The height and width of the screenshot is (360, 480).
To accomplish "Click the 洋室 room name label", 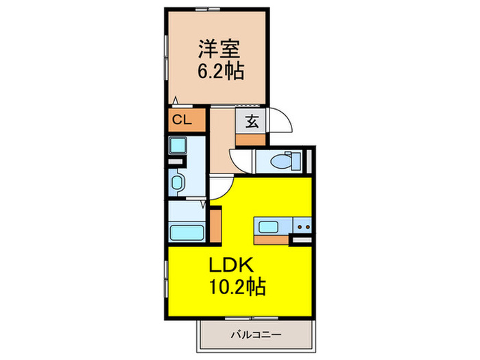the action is (219, 49).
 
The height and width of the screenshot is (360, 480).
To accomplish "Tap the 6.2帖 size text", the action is (221, 71).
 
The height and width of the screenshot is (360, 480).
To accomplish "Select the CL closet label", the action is (182, 120).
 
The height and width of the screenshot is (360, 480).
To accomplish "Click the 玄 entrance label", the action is (252, 121).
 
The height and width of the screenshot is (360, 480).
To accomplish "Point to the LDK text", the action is (231, 265).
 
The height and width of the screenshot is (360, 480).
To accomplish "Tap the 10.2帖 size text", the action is (237, 287).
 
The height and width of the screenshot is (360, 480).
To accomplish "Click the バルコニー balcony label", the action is (256, 335).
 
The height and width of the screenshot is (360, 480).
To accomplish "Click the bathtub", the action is (187, 233).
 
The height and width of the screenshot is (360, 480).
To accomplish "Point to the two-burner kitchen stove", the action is (302, 226).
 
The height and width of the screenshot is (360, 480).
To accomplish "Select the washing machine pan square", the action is (178, 145).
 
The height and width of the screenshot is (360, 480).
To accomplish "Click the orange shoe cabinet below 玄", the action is (250, 140).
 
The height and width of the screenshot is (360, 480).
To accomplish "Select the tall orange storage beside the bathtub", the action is (215, 226).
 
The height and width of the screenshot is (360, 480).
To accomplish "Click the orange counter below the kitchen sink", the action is (272, 240).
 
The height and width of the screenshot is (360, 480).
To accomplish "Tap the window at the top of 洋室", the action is (208, 9).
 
